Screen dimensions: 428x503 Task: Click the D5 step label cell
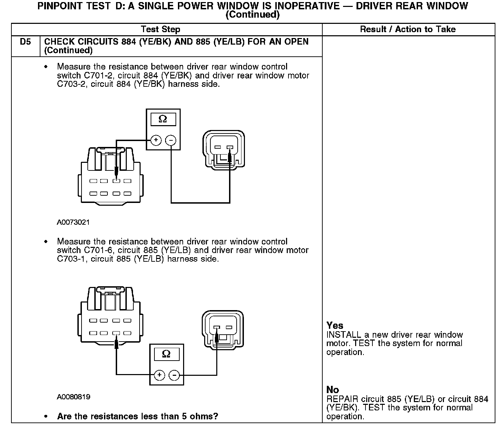point(25,42)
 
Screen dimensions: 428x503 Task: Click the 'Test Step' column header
point(161,29)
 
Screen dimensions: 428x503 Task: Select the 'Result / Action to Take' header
point(408,29)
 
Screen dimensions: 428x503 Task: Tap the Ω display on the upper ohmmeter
point(163,119)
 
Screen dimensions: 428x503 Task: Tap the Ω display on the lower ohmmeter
point(166,354)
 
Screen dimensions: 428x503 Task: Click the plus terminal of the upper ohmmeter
point(156,140)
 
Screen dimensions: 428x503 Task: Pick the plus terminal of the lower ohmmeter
point(159,375)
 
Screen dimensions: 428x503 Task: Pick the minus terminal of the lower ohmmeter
point(174,375)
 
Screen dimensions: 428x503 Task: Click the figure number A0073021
point(73,222)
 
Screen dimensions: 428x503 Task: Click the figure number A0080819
point(74,397)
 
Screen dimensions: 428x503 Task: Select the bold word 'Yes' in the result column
point(335,325)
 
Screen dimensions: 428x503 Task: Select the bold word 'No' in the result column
point(333,390)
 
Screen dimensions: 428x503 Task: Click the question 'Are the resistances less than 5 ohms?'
point(137,416)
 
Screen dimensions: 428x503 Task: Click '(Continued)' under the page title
point(252,15)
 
